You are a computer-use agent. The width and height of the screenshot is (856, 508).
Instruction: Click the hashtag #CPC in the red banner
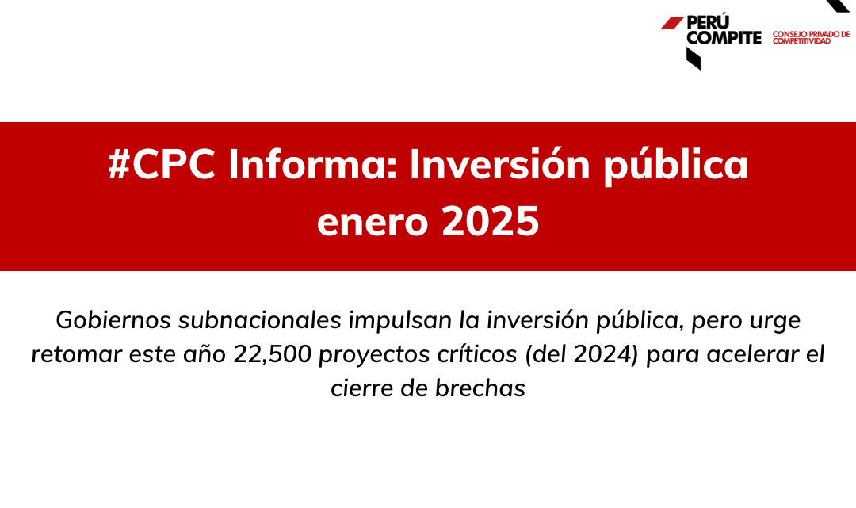click(x=162, y=164)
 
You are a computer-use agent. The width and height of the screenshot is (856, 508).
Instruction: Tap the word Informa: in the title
click(x=313, y=164)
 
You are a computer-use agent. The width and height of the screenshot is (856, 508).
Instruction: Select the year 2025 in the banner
click(x=491, y=221)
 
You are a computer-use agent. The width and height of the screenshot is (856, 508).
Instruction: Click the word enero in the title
click(x=373, y=223)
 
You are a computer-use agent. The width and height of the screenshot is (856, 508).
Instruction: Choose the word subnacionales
click(x=260, y=319)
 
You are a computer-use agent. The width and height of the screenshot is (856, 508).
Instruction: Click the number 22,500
click(x=273, y=355)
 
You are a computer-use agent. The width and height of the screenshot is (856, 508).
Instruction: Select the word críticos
click(x=477, y=354)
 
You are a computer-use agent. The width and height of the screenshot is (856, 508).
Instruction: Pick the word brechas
click(x=480, y=388)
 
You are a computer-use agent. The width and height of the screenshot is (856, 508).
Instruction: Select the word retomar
click(x=76, y=355)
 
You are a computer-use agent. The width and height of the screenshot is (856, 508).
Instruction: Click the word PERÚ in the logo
click(x=708, y=22)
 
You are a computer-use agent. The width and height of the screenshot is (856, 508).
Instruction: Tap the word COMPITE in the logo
click(x=724, y=38)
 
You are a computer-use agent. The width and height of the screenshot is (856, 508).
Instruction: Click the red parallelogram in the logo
click(x=672, y=22)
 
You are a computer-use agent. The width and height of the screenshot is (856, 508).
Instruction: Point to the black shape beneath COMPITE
click(x=694, y=59)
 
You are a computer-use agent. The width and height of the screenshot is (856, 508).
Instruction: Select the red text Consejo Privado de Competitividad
click(x=812, y=38)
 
